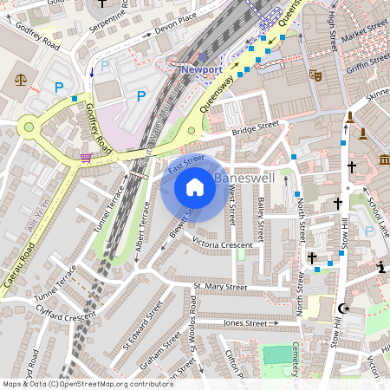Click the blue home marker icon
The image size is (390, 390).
(x=195, y=187)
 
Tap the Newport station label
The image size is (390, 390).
(x=202, y=68)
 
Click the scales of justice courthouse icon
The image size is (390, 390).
(x=21, y=80)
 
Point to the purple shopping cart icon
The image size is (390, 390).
(x=86, y=157)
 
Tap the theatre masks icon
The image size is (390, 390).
(x=317, y=75)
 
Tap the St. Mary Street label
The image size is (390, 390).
(x=220, y=286)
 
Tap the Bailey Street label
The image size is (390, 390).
(x=260, y=218)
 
